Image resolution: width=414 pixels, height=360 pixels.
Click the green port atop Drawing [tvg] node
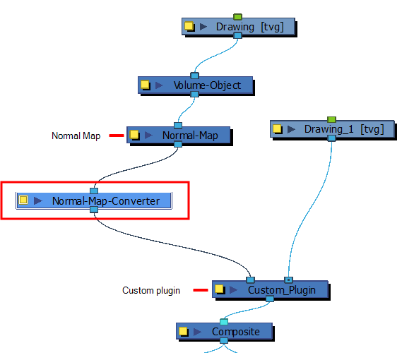(237, 17)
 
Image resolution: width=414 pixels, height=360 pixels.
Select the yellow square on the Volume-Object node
(145, 85)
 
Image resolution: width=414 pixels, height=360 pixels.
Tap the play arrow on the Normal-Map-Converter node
(38, 201)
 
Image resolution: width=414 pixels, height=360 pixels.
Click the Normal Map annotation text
(76, 136)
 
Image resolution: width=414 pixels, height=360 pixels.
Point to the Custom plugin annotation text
(151, 290)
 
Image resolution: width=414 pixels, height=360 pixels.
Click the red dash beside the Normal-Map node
(117, 136)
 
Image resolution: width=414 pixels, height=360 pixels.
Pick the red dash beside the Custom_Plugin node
(201, 290)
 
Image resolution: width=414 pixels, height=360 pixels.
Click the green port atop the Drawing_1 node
(331, 119)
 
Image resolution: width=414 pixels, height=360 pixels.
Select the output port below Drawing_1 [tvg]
(331, 138)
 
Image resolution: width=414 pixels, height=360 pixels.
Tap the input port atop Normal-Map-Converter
(94, 191)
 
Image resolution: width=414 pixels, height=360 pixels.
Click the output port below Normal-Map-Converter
(94, 210)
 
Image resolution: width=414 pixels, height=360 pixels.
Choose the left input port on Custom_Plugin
(250, 280)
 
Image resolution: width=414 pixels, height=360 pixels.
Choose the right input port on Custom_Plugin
(288, 280)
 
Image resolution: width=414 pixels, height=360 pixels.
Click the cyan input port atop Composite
(224, 322)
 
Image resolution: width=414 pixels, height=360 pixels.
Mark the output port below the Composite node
(224, 340)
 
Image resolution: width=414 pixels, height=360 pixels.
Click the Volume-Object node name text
(207, 85)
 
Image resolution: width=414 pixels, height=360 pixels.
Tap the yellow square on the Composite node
(183, 331)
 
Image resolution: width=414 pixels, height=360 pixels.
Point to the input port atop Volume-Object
(194, 76)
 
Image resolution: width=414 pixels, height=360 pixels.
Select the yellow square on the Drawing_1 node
(277, 128)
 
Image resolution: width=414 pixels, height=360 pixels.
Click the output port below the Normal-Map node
(178, 144)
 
